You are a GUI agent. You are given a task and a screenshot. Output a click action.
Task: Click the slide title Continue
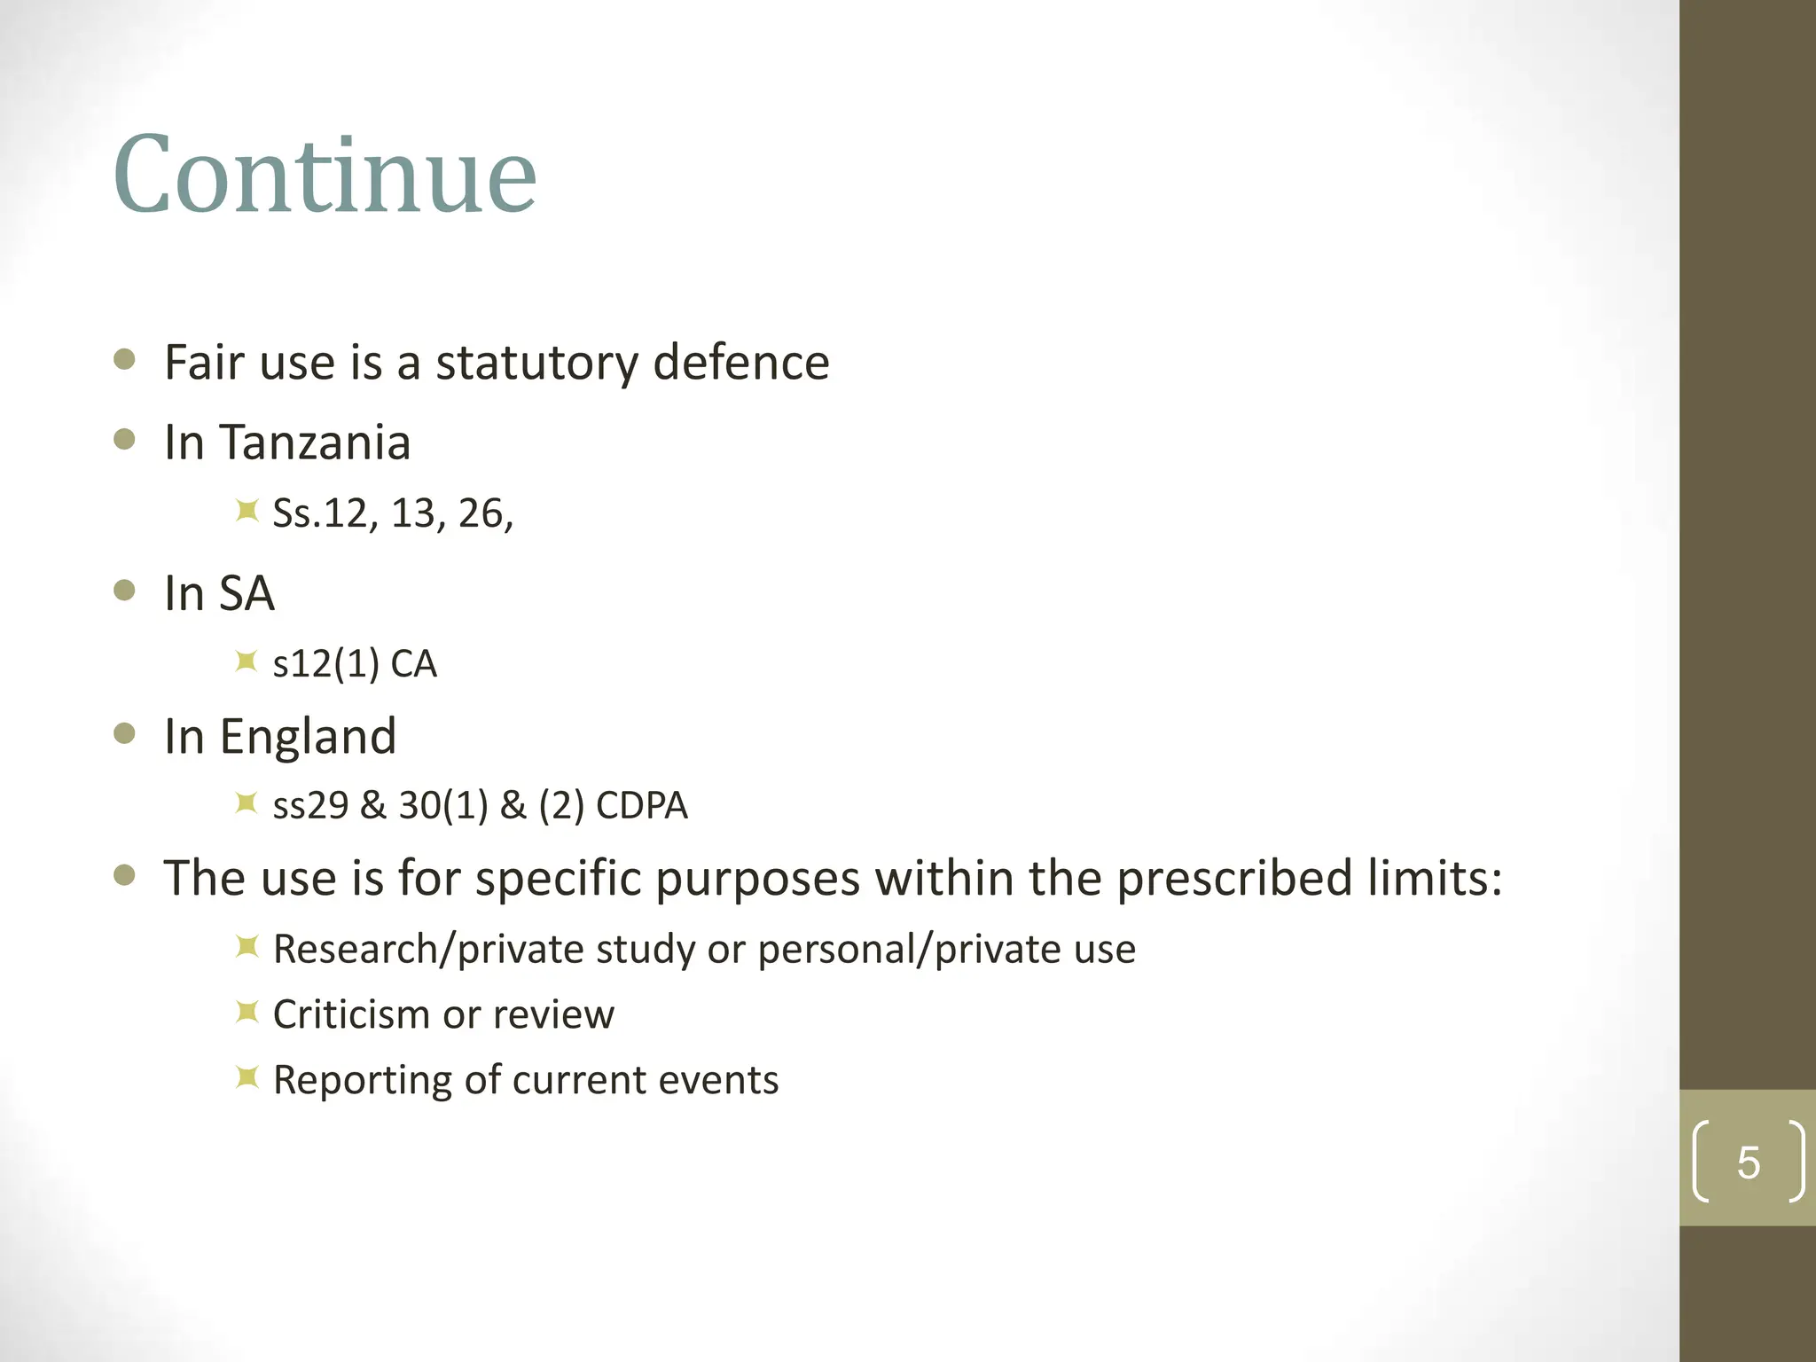click(x=325, y=175)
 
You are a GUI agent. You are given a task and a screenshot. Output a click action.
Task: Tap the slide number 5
click(x=1748, y=1162)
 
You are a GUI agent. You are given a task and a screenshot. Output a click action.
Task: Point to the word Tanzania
click(x=315, y=442)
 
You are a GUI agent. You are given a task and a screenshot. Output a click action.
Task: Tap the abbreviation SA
click(x=247, y=593)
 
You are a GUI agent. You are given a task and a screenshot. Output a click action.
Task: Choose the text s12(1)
click(x=325, y=664)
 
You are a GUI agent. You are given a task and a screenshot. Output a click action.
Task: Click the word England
click(x=308, y=736)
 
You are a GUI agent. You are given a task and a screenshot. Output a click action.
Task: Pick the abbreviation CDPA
click(x=641, y=806)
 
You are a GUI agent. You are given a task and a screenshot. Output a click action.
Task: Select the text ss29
click(x=310, y=806)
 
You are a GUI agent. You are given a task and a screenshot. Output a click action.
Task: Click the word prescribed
click(x=1233, y=879)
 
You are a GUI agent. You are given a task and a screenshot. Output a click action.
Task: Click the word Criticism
click(x=351, y=1014)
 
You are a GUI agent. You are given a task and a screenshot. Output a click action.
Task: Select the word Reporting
click(x=362, y=1080)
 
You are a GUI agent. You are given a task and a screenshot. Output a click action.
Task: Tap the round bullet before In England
click(x=125, y=733)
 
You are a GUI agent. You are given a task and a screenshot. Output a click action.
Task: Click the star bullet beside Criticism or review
click(x=247, y=1012)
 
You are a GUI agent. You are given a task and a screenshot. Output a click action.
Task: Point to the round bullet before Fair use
click(x=125, y=359)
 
